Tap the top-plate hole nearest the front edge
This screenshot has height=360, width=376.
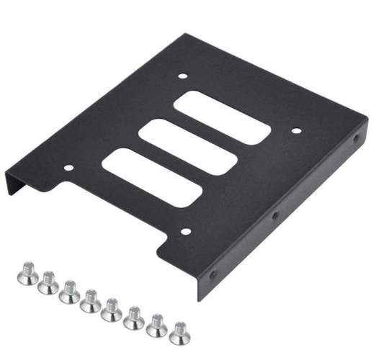184,232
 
